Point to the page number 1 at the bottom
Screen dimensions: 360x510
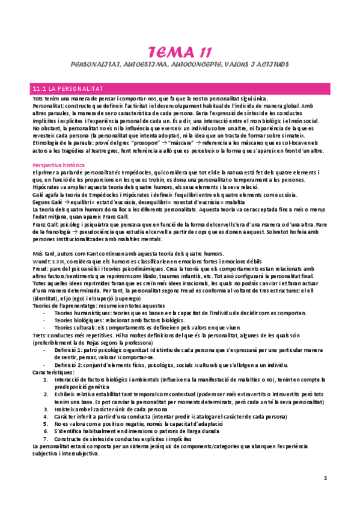(x=325, y=478)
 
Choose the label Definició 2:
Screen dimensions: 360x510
(x=69, y=365)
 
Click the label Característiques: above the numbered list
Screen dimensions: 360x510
(x=53, y=373)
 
